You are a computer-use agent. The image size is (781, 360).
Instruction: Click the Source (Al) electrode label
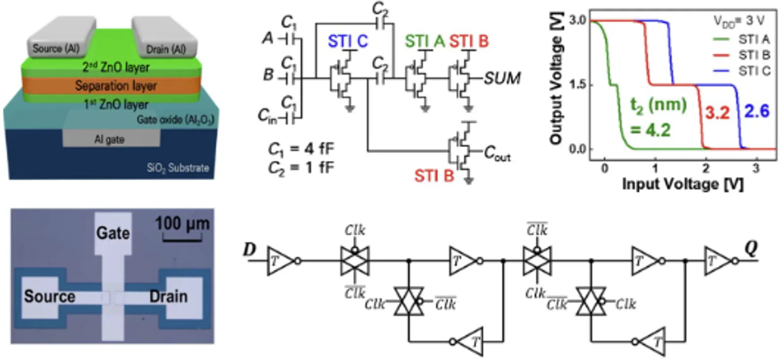pyautogui.click(x=55, y=49)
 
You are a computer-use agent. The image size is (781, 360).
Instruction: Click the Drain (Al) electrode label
pyautogui.click(x=166, y=50)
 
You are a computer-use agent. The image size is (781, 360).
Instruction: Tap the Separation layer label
pyautogui.click(x=116, y=86)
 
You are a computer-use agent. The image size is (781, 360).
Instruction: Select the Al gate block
pyautogui.click(x=110, y=139)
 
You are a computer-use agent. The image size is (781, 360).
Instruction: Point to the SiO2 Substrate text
pyautogui.click(x=177, y=168)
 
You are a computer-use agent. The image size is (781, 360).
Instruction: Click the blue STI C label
pyautogui.click(x=347, y=42)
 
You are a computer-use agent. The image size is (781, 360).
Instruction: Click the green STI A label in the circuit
pyautogui.click(x=424, y=42)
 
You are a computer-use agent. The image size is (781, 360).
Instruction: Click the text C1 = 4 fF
pyautogui.click(x=301, y=149)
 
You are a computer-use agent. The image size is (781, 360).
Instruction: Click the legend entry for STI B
pyautogui.click(x=754, y=55)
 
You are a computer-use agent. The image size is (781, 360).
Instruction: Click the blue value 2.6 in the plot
pyautogui.click(x=756, y=111)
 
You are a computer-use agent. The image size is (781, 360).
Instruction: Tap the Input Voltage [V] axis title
pyautogui.click(x=682, y=184)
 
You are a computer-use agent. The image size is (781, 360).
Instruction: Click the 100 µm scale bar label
pyautogui.click(x=182, y=224)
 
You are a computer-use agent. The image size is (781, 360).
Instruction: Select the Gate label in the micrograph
pyautogui.click(x=113, y=232)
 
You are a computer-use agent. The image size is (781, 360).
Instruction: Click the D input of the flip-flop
pyautogui.click(x=250, y=250)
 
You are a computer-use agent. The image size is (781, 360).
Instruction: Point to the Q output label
pyautogui.click(x=751, y=249)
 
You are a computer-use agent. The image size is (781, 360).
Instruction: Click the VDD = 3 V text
pyautogui.click(x=738, y=21)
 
